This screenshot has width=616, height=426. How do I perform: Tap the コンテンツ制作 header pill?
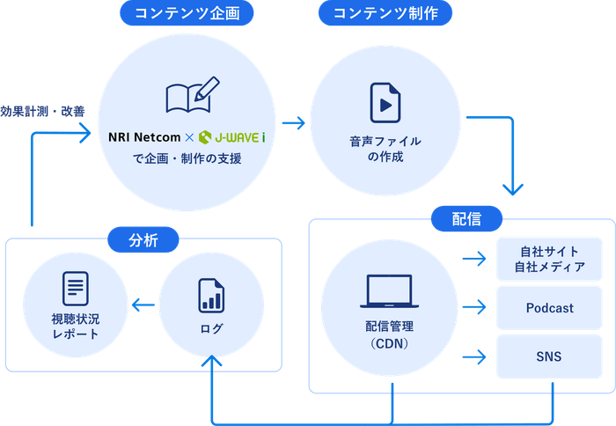point(387,12)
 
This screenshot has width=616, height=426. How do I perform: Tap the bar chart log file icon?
point(210,294)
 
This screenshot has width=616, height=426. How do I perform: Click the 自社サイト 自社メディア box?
point(549,259)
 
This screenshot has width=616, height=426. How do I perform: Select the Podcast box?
point(549,308)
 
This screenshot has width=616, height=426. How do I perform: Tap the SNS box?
point(549,356)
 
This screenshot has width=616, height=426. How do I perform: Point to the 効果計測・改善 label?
point(43,112)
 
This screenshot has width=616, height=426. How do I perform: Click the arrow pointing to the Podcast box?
point(475,307)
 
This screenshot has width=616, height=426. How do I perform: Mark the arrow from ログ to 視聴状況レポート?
point(141,305)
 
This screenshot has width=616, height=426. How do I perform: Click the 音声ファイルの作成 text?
point(385,148)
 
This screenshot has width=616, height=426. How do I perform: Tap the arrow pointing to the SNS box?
point(475,357)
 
